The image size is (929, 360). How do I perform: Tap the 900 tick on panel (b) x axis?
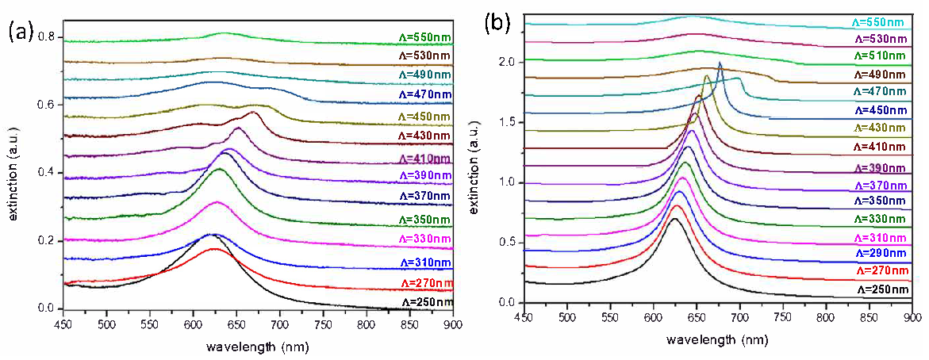(912, 317)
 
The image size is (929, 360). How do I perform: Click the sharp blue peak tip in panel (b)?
(720, 63)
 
